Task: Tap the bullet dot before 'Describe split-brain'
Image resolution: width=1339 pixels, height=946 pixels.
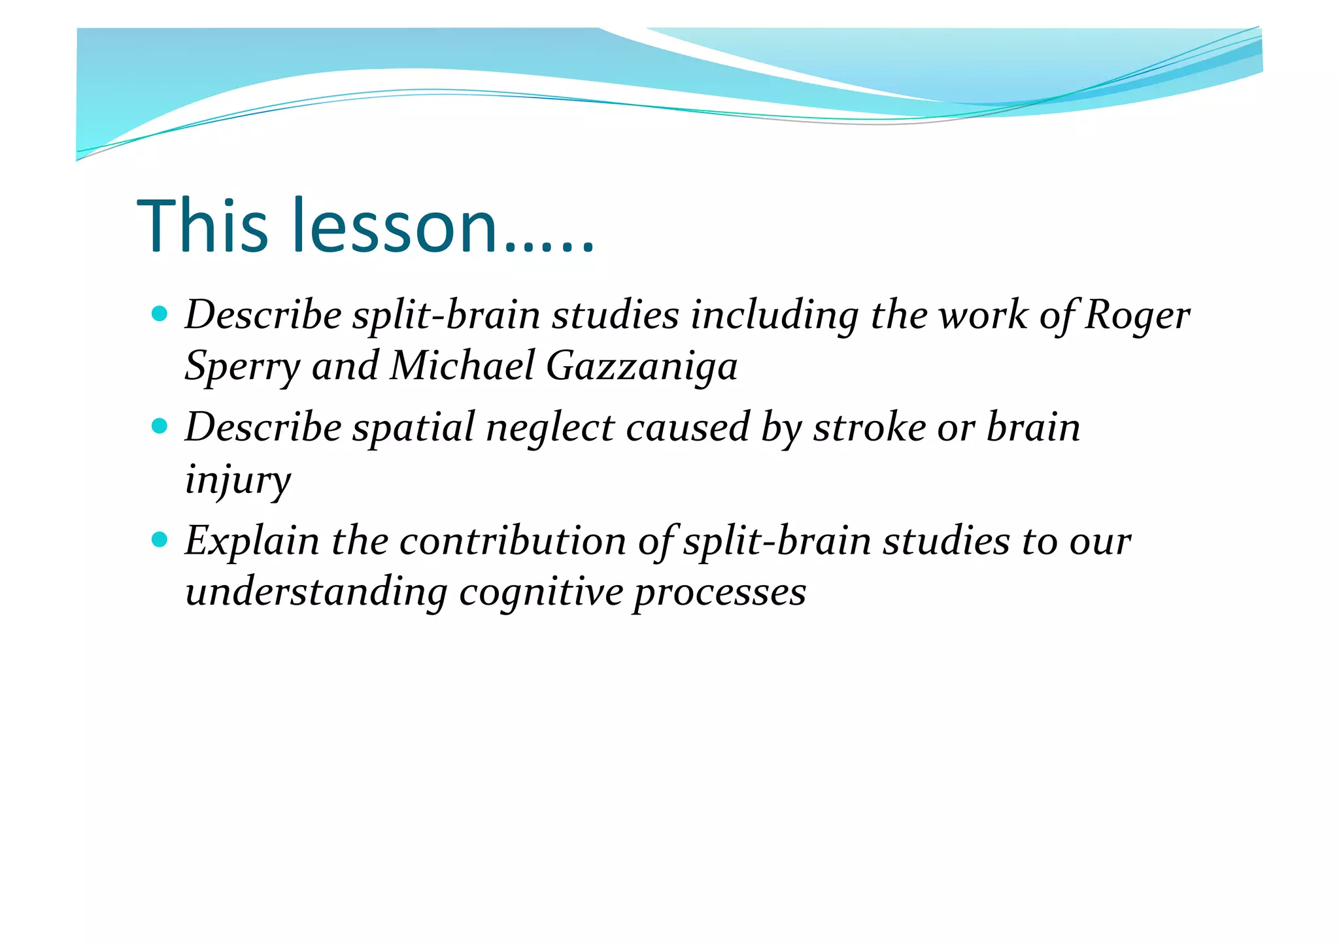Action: [x=159, y=314]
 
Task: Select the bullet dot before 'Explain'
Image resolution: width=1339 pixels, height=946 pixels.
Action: [x=159, y=540]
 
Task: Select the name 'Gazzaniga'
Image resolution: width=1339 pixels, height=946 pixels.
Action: [x=641, y=366]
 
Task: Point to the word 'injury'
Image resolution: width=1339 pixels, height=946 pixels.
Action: [x=238, y=481]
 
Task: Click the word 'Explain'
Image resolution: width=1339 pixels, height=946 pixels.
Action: [x=252, y=542]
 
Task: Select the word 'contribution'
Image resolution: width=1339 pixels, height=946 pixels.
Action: [x=513, y=542]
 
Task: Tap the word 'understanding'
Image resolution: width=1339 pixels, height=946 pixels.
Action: [x=316, y=593]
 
